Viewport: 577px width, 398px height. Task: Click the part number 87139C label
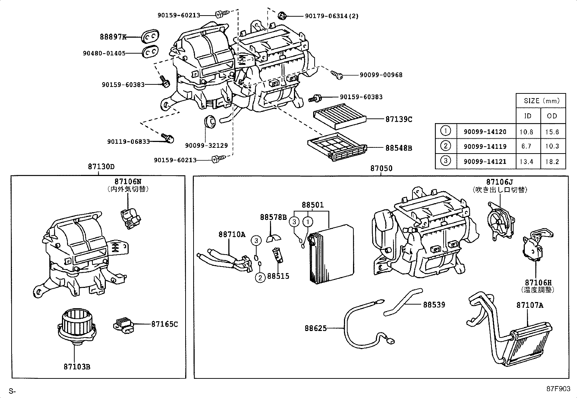pyautogui.click(x=399, y=119)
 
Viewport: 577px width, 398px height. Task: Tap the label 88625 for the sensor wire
pyautogui.click(x=315, y=328)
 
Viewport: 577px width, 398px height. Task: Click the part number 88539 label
pyautogui.click(x=434, y=305)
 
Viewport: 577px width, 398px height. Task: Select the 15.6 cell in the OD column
pyautogui.click(x=552, y=132)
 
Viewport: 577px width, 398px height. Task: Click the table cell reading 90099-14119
pyautogui.click(x=485, y=147)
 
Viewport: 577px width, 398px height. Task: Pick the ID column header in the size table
pyautogui.click(x=528, y=116)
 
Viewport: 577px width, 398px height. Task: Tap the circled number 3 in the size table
pyautogui.click(x=445, y=160)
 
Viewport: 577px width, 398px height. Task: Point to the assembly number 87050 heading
pyautogui.click(x=381, y=168)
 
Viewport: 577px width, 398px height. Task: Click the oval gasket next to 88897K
pyautogui.click(x=150, y=37)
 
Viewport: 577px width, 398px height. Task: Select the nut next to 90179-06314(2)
pyautogui.click(x=282, y=16)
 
